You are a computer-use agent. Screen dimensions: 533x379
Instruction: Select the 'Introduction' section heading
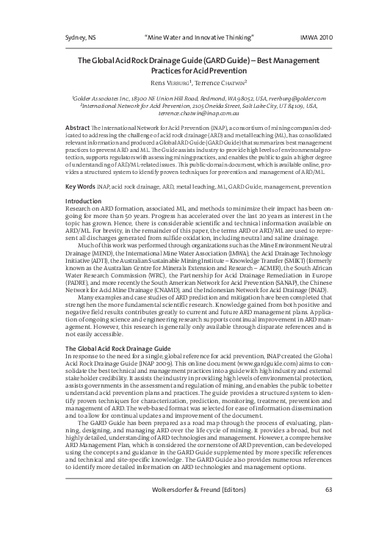84,200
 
